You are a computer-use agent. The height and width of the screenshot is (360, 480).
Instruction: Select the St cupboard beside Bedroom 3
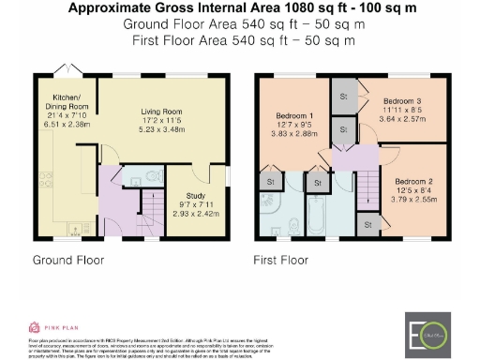pyautogui.click(x=343, y=97)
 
